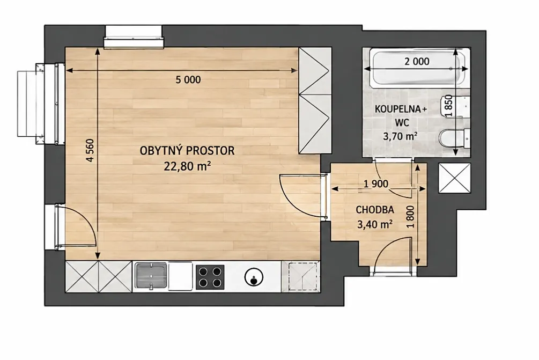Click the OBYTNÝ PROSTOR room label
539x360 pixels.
tap(187, 151)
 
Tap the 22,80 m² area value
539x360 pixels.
tap(187, 167)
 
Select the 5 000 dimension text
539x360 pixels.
tap(188, 80)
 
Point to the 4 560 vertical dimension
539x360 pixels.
tap(90, 150)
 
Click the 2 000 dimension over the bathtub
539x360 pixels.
tap(417, 62)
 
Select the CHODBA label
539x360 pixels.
tap(375, 210)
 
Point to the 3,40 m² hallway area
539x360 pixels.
tap(375, 224)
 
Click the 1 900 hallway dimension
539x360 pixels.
tap(376, 184)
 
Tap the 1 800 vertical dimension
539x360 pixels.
tap(410, 217)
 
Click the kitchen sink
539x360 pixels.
tap(151, 275)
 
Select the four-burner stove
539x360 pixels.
tap(210, 277)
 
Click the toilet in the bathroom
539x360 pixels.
tap(454, 138)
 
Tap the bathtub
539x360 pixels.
tap(418, 68)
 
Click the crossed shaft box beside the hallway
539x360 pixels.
tap(454, 178)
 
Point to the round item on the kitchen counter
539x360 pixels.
tap(254, 277)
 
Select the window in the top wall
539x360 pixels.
tap(134, 36)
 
